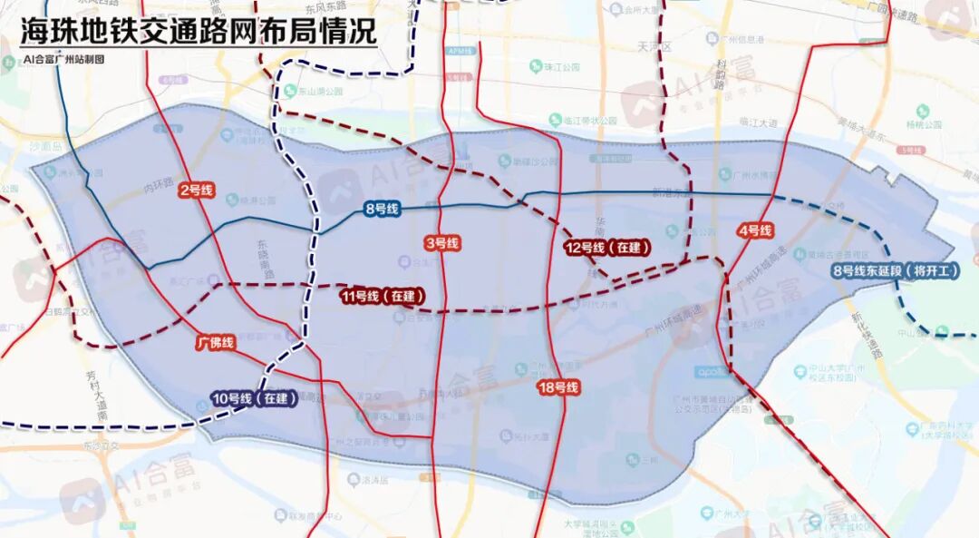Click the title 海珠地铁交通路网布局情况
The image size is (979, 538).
198,32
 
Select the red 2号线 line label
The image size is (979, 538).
196,190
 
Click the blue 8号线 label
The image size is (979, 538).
382,210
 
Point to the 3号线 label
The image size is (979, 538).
441,243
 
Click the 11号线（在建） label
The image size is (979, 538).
383,296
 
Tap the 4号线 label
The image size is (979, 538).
755,230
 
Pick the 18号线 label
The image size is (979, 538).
557,387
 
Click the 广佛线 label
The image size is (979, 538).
216,343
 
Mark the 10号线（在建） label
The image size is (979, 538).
254,398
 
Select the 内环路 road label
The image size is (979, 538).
157,189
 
